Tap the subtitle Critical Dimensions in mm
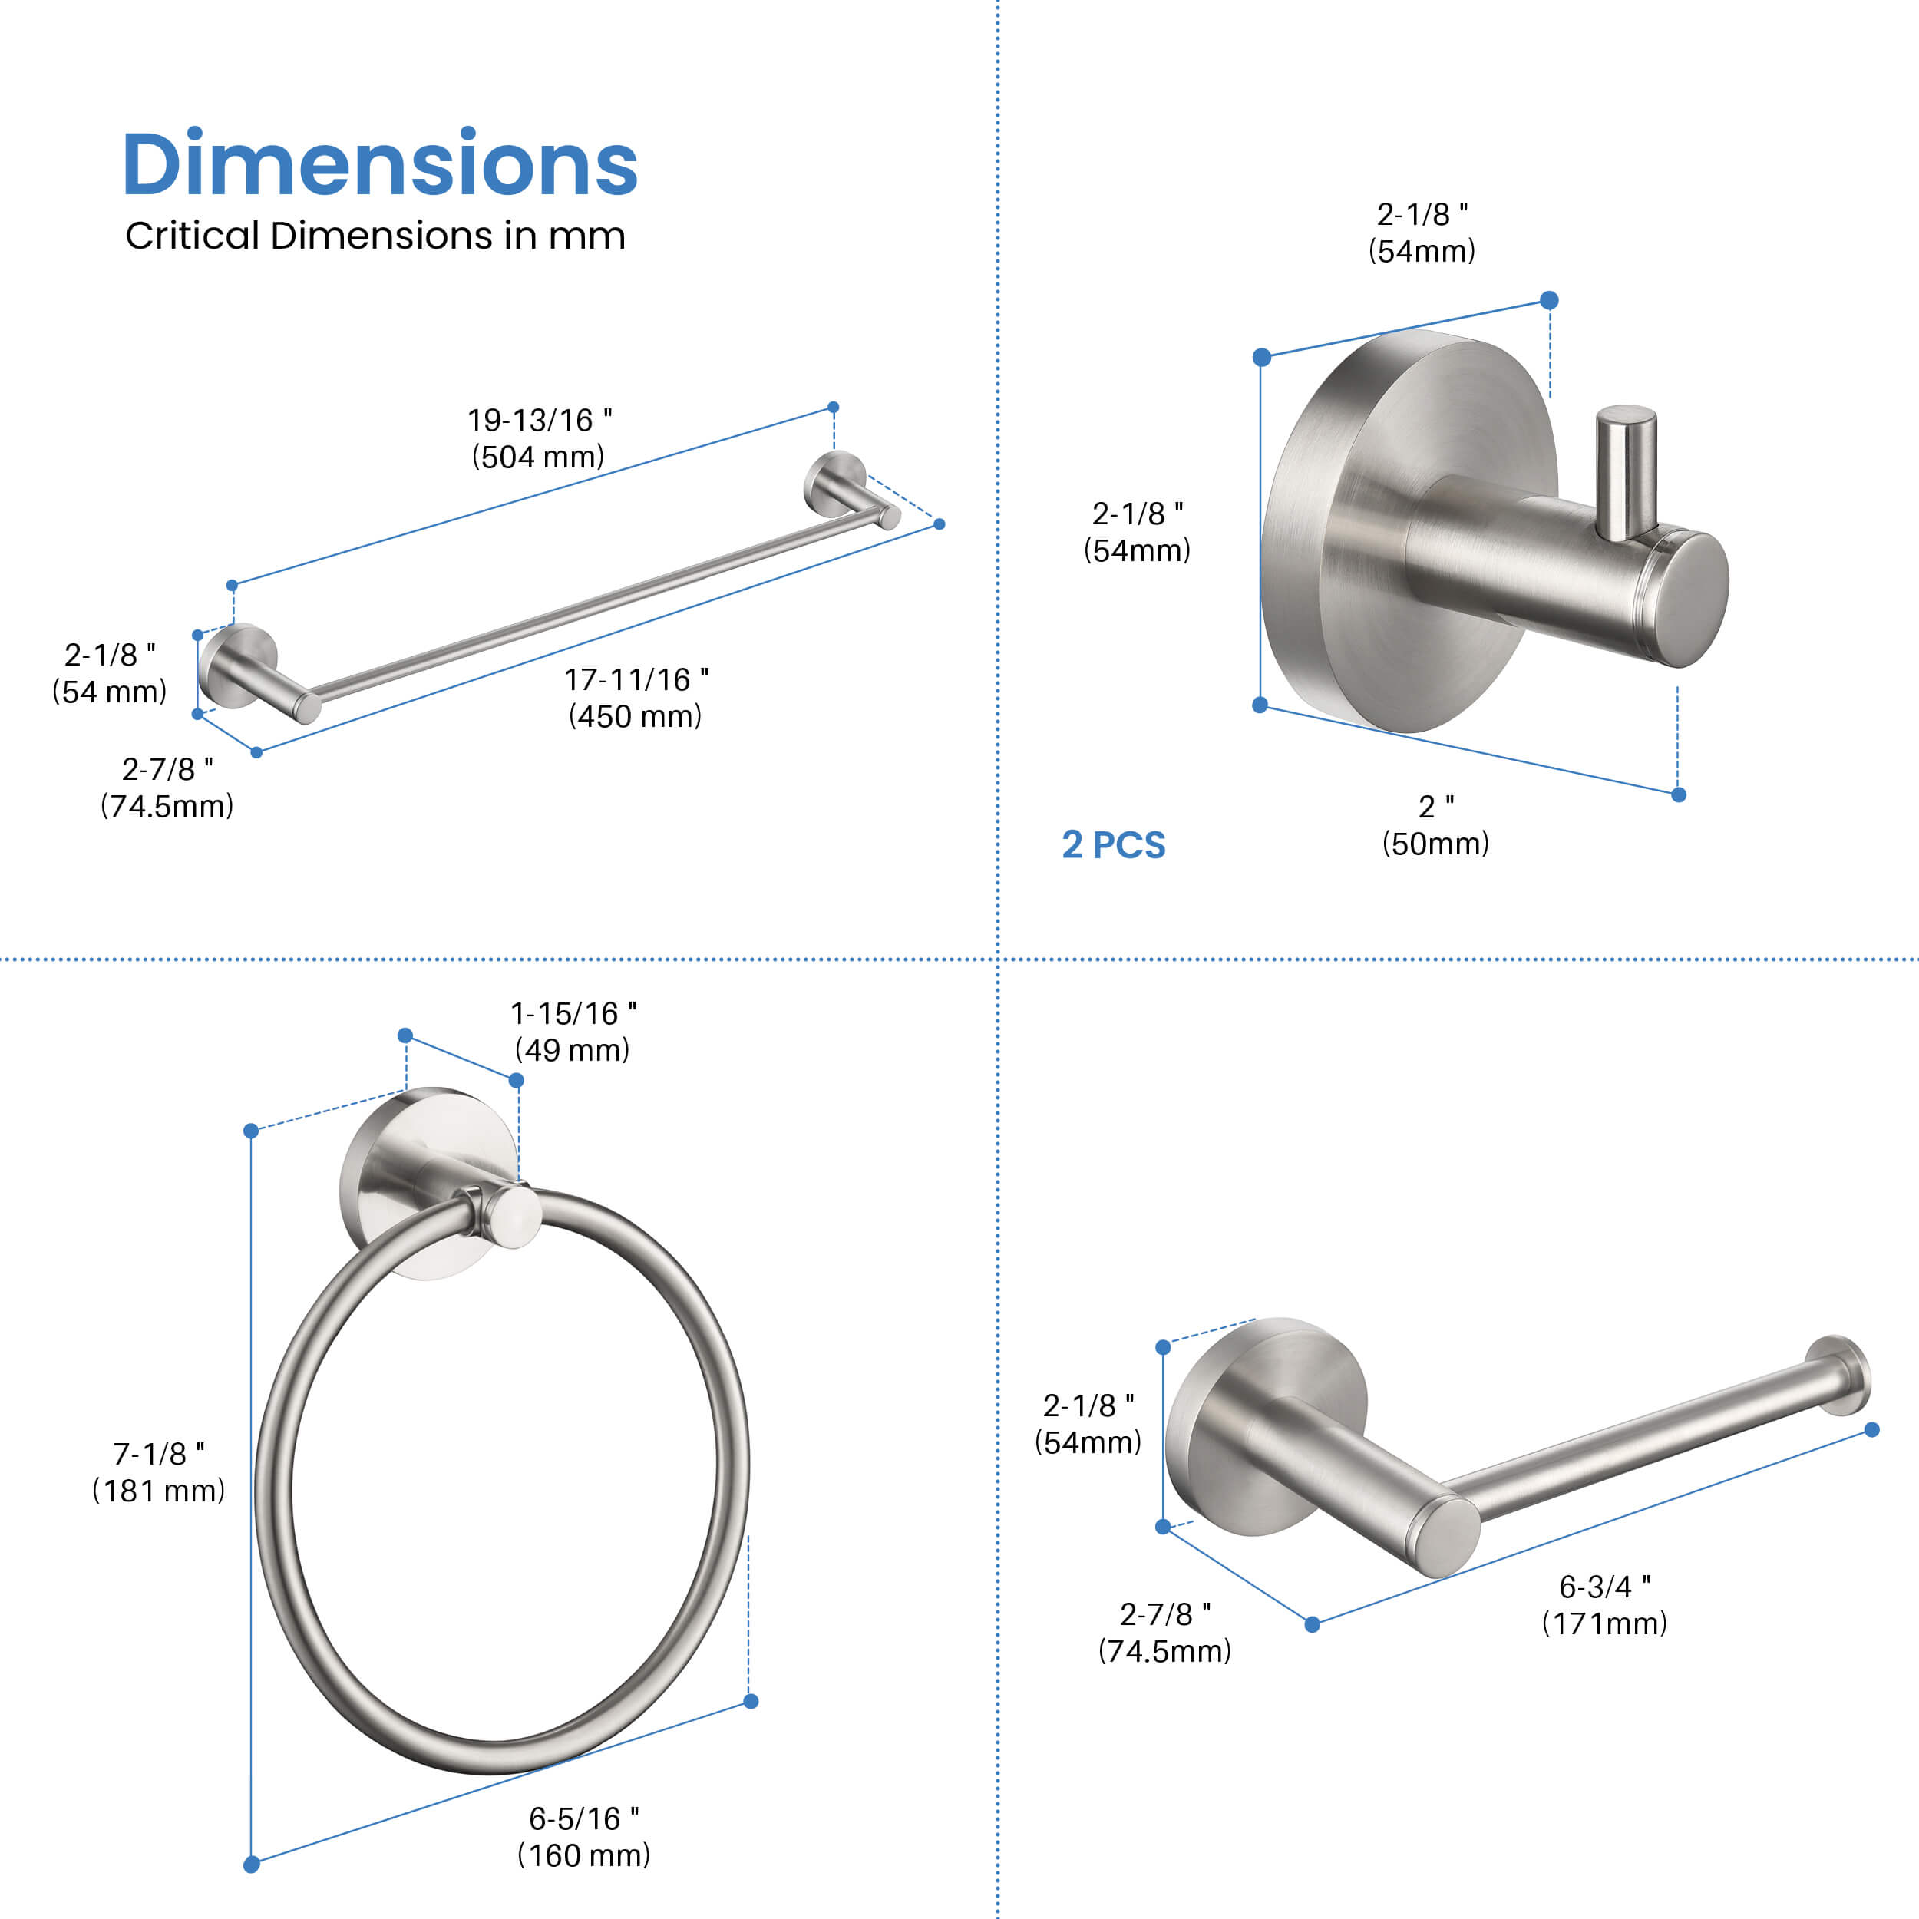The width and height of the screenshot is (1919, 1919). click(375, 236)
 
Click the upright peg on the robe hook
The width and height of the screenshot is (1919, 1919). click(1626, 472)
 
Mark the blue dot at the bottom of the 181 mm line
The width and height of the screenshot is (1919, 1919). click(251, 1865)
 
